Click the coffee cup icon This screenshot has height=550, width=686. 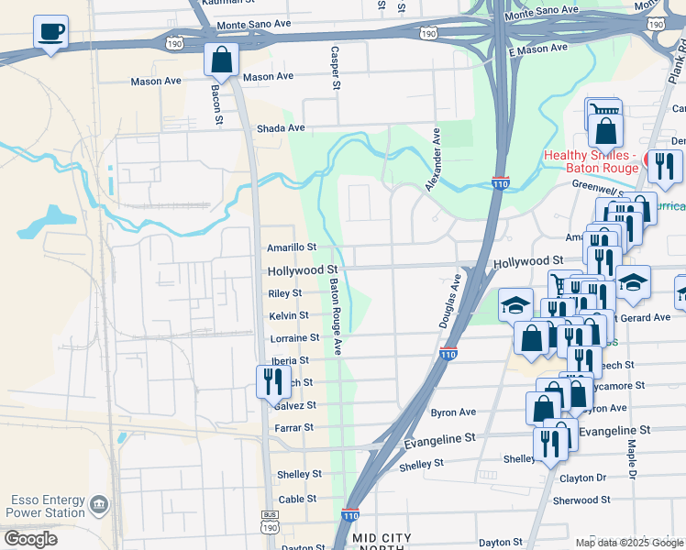click(51, 33)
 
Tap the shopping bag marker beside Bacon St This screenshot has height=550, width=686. click(221, 60)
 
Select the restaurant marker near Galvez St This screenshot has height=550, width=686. click(272, 380)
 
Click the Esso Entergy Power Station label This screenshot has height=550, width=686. click(48, 506)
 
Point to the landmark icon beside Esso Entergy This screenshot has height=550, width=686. click(99, 505)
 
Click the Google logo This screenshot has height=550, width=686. click(30, 539)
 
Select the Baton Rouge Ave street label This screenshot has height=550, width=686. click(337, 316)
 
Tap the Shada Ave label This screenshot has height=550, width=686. click(280, 129)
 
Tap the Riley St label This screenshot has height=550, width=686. click(284, 293)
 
